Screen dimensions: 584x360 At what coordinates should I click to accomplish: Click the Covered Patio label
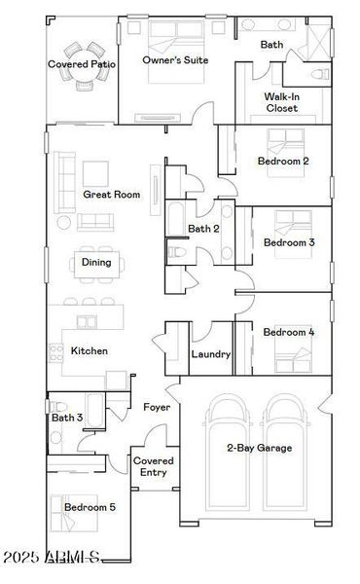(x=83, y=64)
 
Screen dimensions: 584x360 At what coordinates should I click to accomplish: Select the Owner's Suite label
(x=176, y=59)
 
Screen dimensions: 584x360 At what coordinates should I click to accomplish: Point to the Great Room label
(x=111, y=195)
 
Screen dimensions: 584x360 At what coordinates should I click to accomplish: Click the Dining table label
(x=95, y=262)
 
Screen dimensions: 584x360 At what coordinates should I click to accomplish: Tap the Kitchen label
(x=90, y=350)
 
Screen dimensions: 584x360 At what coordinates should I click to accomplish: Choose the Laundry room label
(x=210, y=354)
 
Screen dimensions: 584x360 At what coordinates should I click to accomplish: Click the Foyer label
(x=157, y=407)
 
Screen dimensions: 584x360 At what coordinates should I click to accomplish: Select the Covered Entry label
(x=154, y=466)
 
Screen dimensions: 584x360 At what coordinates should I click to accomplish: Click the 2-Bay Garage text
(x=258, y=448)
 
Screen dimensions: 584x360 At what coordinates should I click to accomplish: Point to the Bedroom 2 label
(x=283, y=161)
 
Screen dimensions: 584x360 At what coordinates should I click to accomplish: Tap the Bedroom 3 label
(x=289, y=242)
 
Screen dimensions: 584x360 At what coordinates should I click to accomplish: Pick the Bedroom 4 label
(x=289, y=332)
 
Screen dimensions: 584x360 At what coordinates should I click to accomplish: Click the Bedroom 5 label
(x=90, y=507)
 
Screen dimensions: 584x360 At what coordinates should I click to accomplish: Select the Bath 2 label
(x=203, y=229)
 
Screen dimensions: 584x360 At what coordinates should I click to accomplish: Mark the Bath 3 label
(x=67, y=419)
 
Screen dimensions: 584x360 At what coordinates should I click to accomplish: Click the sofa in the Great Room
(x=65, y=181)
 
